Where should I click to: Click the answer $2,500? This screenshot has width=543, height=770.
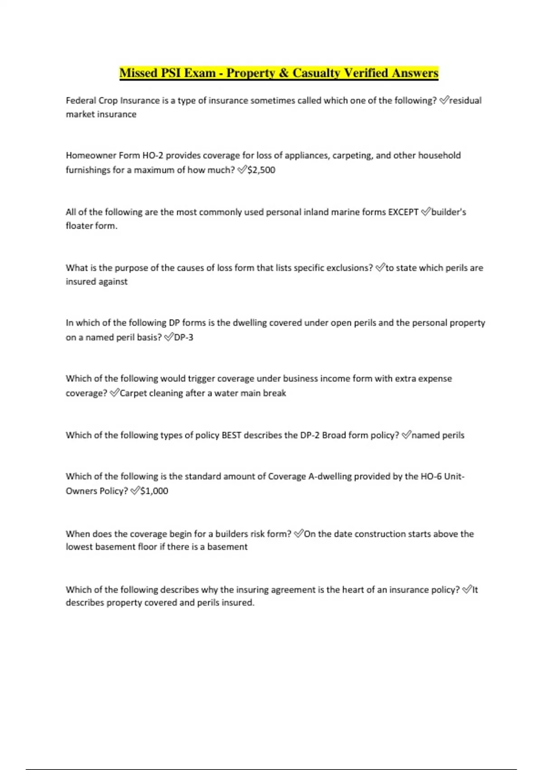coord(261,170)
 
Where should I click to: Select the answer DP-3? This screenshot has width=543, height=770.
coord(184,337)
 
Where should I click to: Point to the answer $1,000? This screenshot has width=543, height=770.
coord(154,491)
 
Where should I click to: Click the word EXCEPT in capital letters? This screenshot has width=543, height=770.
coord(403,212)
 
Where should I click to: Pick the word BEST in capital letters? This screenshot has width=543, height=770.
coord(231,435)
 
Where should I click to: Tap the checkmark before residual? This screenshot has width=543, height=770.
coord(443,100)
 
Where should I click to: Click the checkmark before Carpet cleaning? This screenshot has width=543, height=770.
coord(114,393)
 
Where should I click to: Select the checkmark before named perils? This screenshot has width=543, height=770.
coord(406,435)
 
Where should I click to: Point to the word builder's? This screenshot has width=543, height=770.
coord(448,212)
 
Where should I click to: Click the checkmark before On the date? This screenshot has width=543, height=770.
coord(299,534)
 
